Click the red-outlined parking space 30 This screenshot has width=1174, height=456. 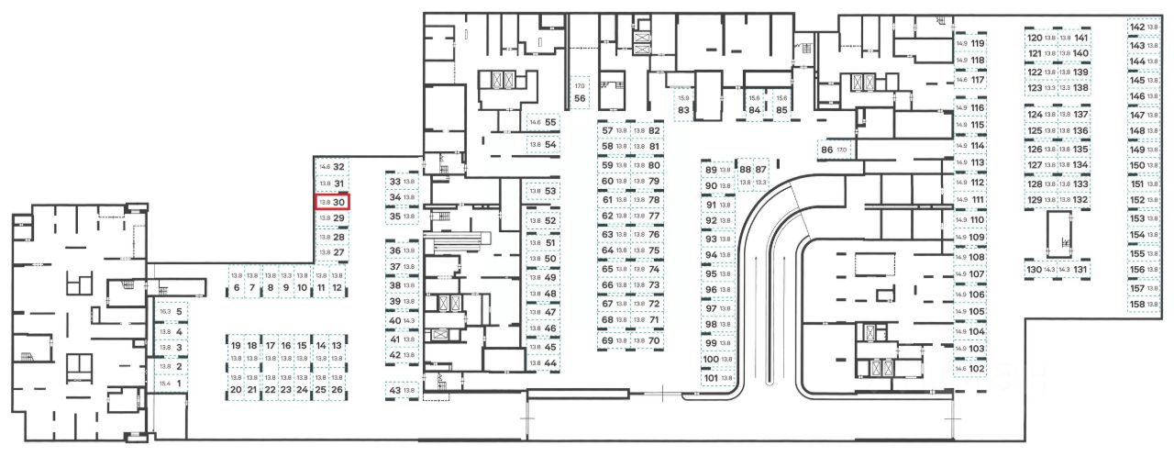[331, 202]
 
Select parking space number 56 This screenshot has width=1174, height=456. [580, 93]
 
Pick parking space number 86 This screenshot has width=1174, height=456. [834, 150]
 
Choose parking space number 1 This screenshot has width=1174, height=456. [172, 384]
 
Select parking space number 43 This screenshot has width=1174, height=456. [402, 391]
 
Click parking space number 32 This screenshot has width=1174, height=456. [331, 167]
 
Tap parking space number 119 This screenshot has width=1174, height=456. [970, 43]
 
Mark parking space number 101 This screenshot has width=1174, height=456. [717, 378]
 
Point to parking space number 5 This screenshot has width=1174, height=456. [172, 312]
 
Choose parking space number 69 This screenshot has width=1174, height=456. [614, 340]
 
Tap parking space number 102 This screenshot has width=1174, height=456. [970, 368]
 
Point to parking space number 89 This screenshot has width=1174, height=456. [717, 170]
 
